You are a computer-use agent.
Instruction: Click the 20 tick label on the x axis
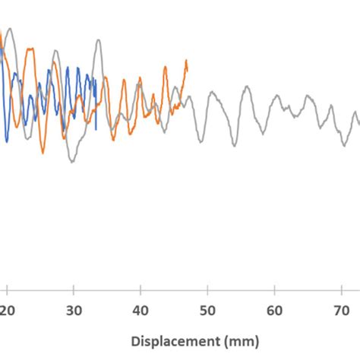point(7,310)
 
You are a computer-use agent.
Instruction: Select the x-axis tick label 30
point(74,310)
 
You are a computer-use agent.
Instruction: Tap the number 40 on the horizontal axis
point(141,310)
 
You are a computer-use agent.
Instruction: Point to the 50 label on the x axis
point(207,310)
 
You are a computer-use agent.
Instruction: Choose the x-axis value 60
point(274,310)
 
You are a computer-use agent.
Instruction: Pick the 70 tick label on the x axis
point(341,310)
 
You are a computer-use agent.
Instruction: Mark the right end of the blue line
point(98,128)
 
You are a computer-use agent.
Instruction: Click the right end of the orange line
point(187,61)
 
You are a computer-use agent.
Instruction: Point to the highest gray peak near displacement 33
point(96,39)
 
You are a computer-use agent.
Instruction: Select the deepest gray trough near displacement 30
point(72,161)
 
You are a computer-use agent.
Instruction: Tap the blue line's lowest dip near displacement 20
point(7,141)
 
